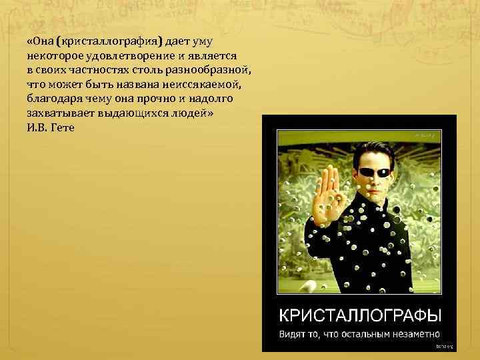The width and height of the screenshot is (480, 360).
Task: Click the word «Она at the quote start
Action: (x=40, y=41)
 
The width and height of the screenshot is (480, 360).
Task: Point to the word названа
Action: (x=155, y=83)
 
